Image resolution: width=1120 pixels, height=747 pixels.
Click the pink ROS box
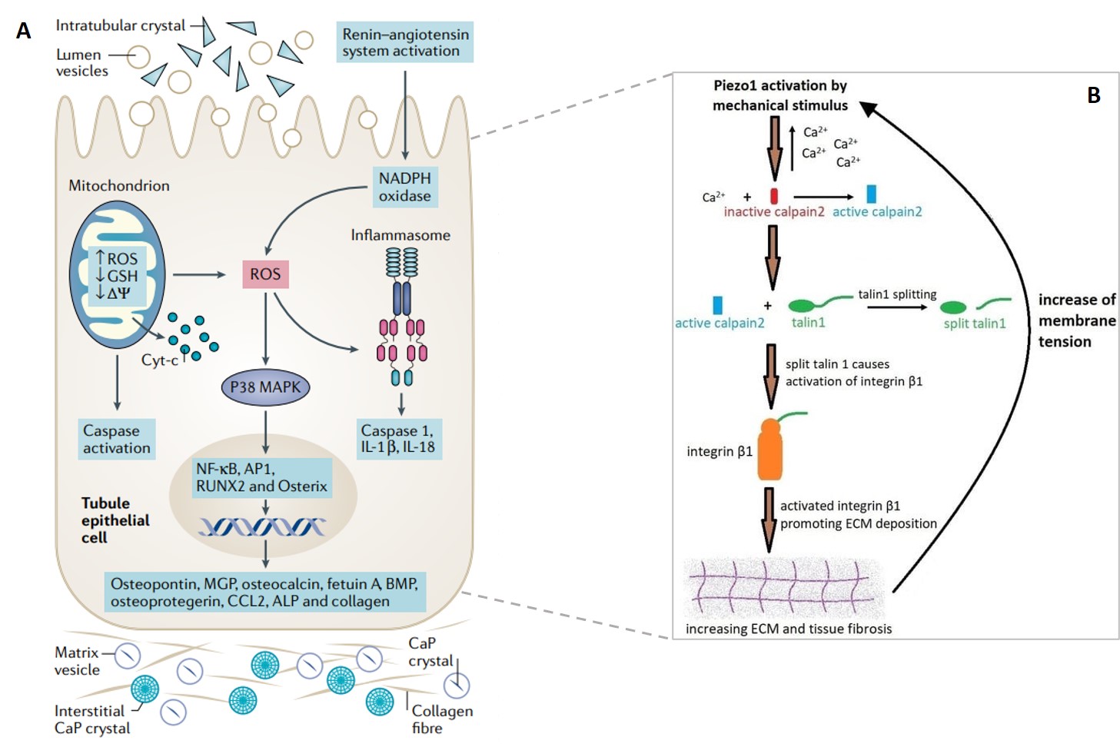click(x=265, y=274)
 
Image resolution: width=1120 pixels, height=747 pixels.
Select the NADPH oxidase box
click(x=405, y=187)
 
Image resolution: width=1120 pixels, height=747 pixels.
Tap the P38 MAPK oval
click(x=265, y=387)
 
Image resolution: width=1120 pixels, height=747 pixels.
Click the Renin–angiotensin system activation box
click(x=404, y=42)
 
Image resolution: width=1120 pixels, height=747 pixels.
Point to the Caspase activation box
click(x=117, y=440)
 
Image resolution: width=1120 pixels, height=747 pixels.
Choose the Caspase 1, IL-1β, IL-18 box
click(x=400, y=440)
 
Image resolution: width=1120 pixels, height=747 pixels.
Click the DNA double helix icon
click(x=262, y=526)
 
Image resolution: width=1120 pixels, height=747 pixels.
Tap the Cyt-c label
click(x=159, y=360)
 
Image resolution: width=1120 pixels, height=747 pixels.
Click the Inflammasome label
click(x=400, y=235)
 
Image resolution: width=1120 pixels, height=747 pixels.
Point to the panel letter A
click(x=24, y=31)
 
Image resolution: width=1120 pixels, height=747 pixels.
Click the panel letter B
click(x=1093, y=95)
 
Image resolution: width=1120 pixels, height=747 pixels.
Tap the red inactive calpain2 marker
click(x=774, y=196)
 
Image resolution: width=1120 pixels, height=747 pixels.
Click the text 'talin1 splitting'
click(x=897, y=294)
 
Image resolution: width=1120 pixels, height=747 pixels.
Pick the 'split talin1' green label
click(x=974, y=324)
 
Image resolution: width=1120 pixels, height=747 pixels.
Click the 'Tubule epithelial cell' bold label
click(x=115, y=520)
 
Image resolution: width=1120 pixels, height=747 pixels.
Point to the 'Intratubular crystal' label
click(x=121, y=25)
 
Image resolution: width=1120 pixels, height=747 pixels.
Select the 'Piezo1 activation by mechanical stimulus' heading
click(x=780, y=95)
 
